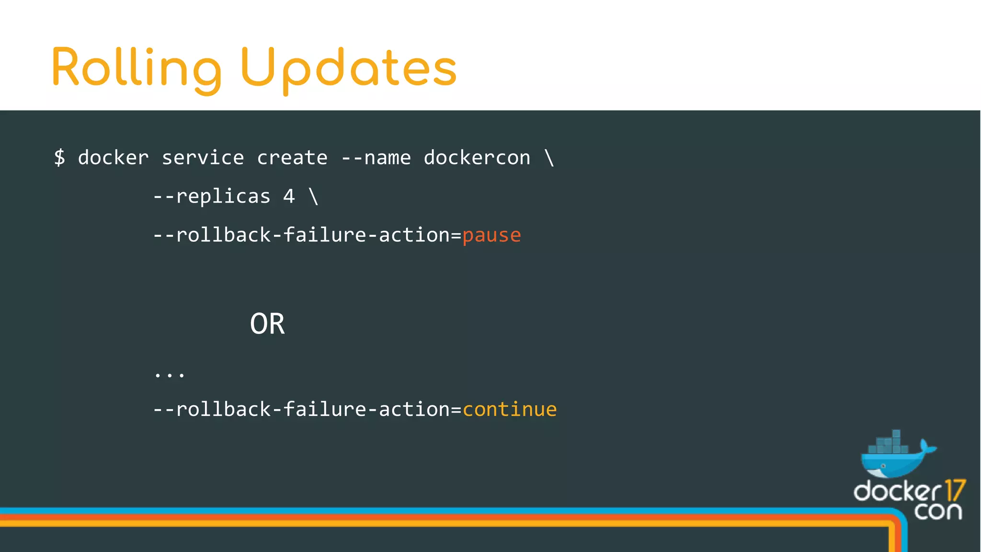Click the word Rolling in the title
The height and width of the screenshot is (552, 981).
click(x=137, y=69)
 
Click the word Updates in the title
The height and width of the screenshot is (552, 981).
click(x=349, y=69)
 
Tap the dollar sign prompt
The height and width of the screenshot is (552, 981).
click(x=59, y=157)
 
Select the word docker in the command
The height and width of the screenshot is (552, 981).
click(x=113, y=158)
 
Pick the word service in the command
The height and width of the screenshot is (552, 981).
click(x=203, y=158)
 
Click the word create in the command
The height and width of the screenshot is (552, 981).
click(x=292, y=158)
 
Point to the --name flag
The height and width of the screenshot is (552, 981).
click(x=376, y=158)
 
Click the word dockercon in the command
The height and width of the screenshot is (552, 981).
click(x=477, y=158)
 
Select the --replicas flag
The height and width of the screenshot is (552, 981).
click(x=212, y=196)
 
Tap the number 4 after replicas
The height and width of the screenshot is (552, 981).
click(x=289, y=196)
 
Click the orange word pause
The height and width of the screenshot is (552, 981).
click(x=491, y=235)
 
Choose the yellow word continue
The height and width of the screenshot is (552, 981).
click(x=510, y=409)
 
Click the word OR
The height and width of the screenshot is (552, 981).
click(x=267, y=324)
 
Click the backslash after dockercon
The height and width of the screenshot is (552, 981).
click(x=549, y=158)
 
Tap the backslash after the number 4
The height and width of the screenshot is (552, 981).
click(x=313, y=196)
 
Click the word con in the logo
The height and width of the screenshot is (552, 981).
click(x=937, y=511)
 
